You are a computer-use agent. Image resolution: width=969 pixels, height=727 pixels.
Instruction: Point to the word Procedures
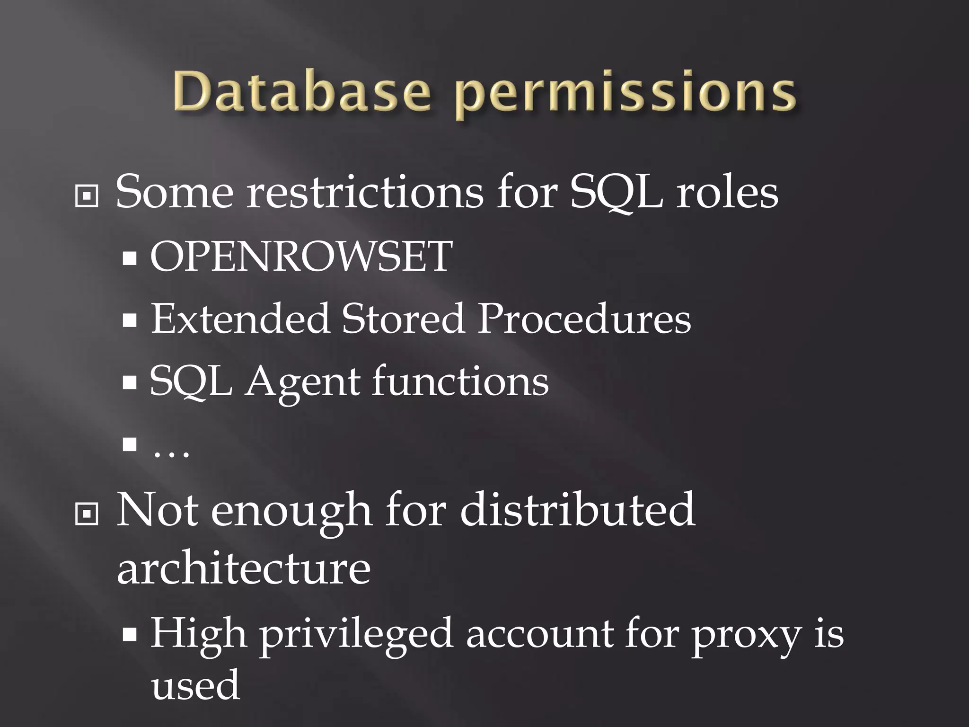(584, 319)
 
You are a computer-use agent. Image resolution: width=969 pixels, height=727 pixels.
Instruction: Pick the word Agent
(301, 381)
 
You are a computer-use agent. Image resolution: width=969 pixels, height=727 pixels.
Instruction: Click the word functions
(460, 381)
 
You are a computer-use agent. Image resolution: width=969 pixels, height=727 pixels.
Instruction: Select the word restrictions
(365, 192)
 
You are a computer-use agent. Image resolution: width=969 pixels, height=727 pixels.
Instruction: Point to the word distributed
(577, 510)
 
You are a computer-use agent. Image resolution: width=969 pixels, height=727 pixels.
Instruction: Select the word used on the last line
(195, 685)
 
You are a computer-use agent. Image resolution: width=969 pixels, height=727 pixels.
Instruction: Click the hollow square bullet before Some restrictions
(87, 196)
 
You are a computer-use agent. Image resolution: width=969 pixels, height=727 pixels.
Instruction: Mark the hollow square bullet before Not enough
(87, 514)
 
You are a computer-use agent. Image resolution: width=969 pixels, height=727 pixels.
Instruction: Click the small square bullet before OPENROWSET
(129, 258)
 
